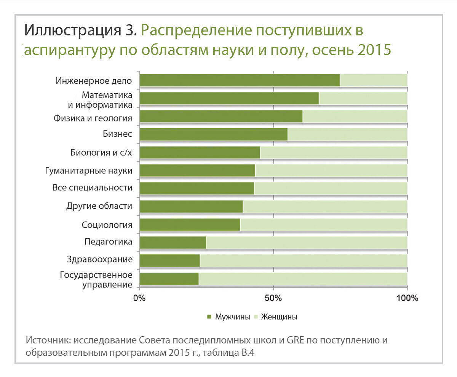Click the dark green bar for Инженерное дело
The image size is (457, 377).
[x=240, y=80]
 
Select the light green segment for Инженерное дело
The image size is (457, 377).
[x=373, y=80]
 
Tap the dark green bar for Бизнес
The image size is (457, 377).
[x=213, y=134]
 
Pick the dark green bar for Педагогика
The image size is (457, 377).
[x=173, y=243]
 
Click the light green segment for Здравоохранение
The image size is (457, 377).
[x=303, y=260]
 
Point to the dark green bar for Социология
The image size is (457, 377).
[x=190, y=225]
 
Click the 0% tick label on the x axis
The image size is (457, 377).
[x=140, y=298]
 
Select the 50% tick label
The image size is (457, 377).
[x=273, y=298]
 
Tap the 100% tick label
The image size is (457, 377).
[x=407, y=298]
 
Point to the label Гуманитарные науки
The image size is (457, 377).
[x=88, y=171]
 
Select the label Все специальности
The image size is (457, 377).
[x=92, y=188]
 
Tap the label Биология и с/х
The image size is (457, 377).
[x=101, y=153]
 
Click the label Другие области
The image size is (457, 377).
[x=99, y=206]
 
